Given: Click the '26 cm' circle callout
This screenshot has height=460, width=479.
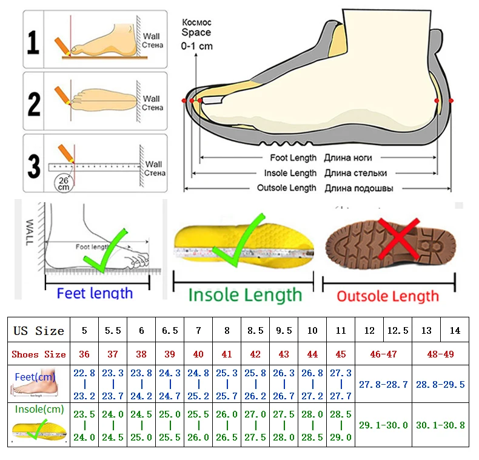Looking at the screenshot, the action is click(x=63, y=183).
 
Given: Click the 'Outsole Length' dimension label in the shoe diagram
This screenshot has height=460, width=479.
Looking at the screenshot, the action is click(x=287, y=188).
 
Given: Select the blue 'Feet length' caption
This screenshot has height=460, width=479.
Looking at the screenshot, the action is click(x=95, y=293).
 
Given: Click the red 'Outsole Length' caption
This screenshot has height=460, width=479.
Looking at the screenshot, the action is click(x=388, y=296).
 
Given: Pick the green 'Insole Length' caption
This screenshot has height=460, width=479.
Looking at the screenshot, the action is click(x=245, y=296).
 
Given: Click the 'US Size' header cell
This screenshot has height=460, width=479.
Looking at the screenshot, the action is click(x=39, y=331).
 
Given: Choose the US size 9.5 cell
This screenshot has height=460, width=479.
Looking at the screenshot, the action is click(x=284, y=331).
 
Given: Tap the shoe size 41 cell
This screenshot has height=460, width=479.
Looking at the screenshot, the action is click(x=227, y=354).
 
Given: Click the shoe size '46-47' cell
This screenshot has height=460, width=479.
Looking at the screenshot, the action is click(x=384, y=354).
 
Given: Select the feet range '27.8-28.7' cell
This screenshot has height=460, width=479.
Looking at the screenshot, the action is click(x=384, y=385).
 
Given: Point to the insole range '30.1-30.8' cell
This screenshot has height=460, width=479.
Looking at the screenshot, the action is click(x=441, y=425).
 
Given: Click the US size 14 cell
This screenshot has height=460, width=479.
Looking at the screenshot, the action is click(x=455, y=331).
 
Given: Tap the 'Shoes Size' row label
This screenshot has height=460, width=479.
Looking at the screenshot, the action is click(x=39, y=354).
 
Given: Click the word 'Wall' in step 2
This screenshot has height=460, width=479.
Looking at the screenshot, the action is click(x=152, y=99).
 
